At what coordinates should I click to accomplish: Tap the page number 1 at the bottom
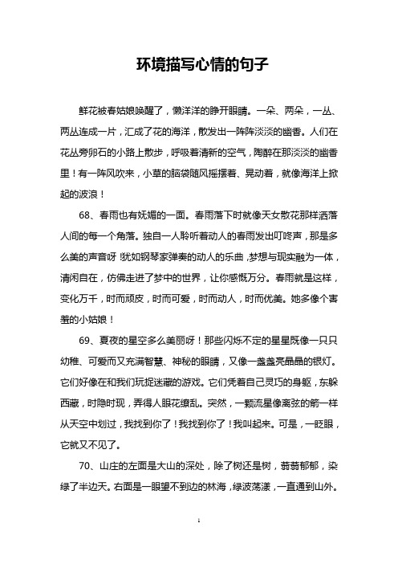click(x=198, y=543)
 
